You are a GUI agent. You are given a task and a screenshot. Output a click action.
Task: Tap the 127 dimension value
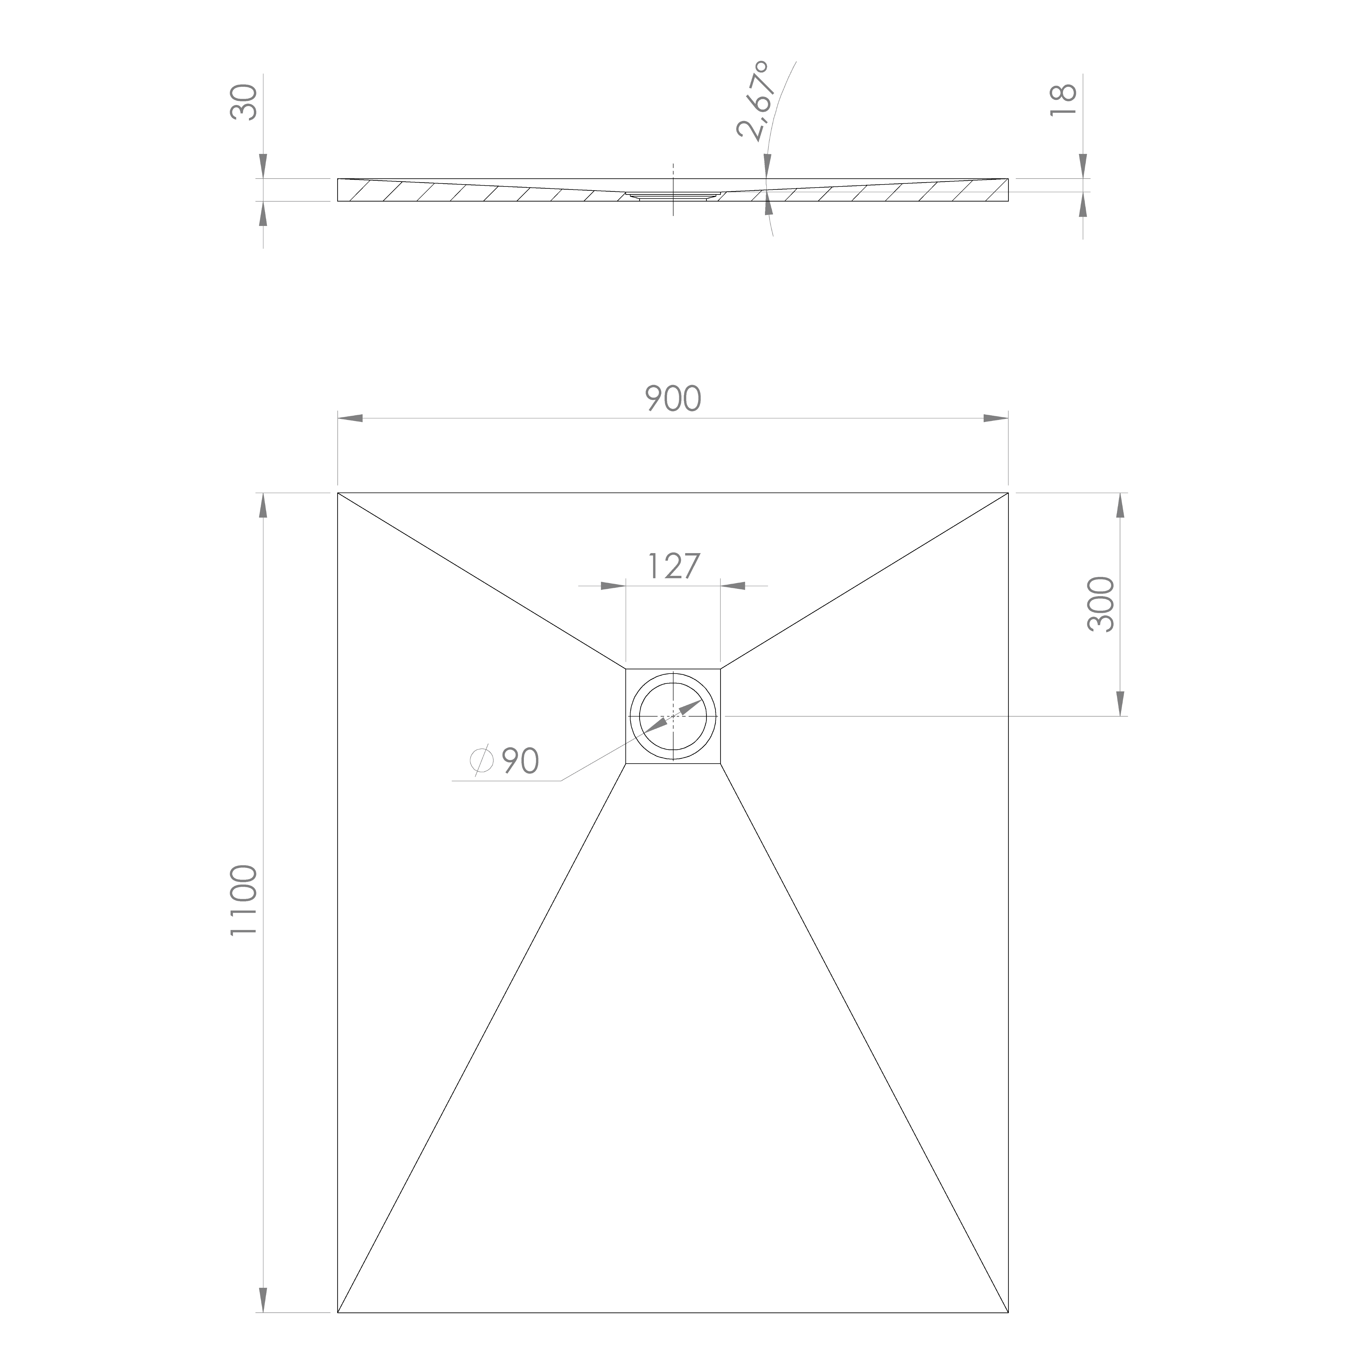pyautogui.click(x=673, y=567)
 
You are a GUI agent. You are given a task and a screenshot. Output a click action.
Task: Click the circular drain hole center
pyautogui.click(x=673, y=716)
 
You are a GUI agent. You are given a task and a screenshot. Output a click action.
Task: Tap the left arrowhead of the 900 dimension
pyautogui.click(x=350, y=419)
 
